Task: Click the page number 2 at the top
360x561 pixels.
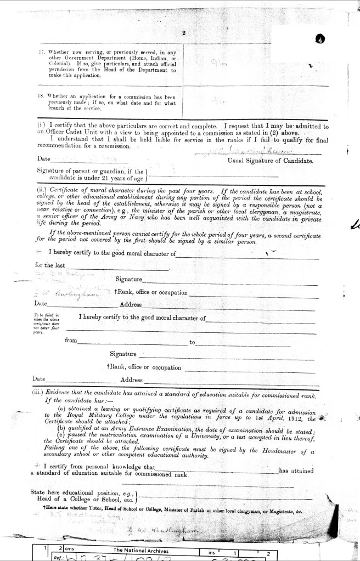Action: click(x=184, y=33)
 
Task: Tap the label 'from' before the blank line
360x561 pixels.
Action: click(x=71, y=341)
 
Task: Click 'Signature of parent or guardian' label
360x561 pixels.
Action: click(x=80, y=171)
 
